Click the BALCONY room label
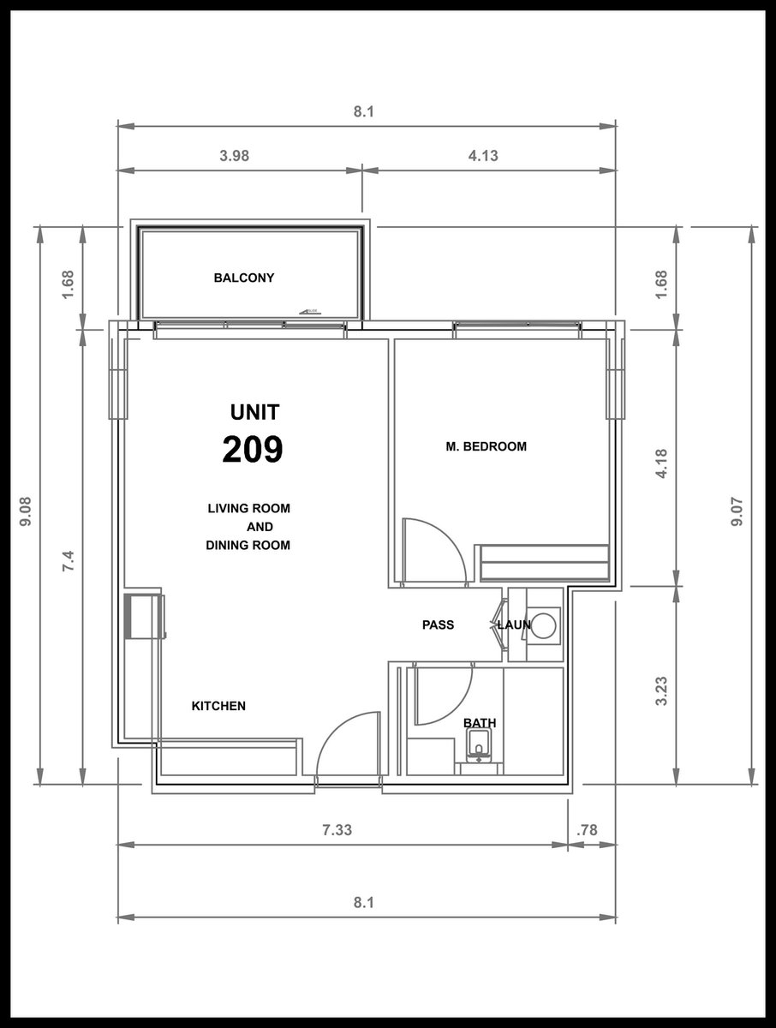pyautogui.click(x=244, y=278)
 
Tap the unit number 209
pyautogui.click(x=253, y=449)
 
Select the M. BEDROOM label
pyautogui.click(x=486, y=446)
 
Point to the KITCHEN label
pyautogui.click(x=218, y=706)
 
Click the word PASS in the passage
pyautogui.click(x=438, y=625)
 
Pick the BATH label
pyautogui.click(x=480, y=723)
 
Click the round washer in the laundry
pyautogui.click(x=543, y=625)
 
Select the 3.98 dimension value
pyautogui.click(x=235, y=156)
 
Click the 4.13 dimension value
pyautogui.click(x=483, y=156)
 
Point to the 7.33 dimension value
pyautogui.click(x=337, y=830)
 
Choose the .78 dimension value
pyautogui.click(x=588, y=830)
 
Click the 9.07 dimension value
pyautogui.click(x=737, y=512)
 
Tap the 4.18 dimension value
pyautogui.click(x=661, y=463)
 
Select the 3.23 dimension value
pyautogui.click(x=661, y=690)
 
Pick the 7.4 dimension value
pyautogui.click(x=69, y=560)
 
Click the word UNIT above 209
pyautogui.click(x=254, y=412)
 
